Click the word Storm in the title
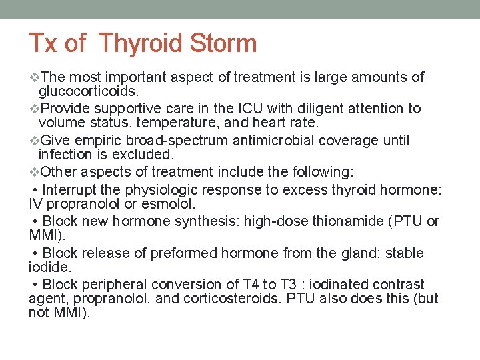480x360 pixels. pyautogui.click(x=224, y=44)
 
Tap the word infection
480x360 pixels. pyautogui.click(x=63, y=155)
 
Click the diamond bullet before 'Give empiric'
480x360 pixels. pyautogui.click(x=35, y=141)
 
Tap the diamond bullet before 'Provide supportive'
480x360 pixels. pyautogui.click(x=35, y=108)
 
